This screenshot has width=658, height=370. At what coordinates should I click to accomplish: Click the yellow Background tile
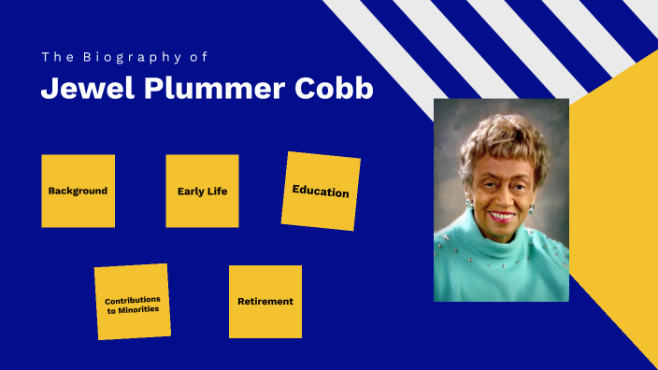pos(78,191)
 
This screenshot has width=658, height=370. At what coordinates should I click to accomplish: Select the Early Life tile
pos(202,191)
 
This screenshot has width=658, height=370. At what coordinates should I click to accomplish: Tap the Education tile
pos(321,192)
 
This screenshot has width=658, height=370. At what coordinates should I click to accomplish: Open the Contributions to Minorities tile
pos(132,302)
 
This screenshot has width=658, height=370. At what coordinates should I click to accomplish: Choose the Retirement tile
pos(265,301)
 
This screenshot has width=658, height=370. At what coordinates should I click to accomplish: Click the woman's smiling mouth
pos(501,216)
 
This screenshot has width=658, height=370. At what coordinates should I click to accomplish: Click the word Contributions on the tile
pos(132,299)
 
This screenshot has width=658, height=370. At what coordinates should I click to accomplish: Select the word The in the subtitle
pos(54,57)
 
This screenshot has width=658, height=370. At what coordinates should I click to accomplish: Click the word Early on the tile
pos(191,191)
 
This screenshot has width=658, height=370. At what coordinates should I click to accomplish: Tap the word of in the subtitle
pos(198,57)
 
